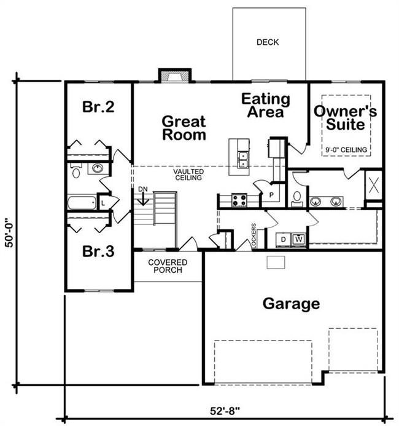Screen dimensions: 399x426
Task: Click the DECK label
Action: point(268,42)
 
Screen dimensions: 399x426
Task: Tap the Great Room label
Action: point(184,128)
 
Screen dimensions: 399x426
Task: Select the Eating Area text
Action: point(266,105)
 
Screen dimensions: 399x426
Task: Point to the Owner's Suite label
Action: point(346,117)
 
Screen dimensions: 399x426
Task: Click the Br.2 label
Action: point(98,106)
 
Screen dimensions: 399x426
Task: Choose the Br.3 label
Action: point(98,251)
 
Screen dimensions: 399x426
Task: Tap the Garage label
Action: point(291,304)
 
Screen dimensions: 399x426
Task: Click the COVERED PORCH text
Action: point(168,266)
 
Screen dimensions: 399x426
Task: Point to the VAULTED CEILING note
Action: point(188,175)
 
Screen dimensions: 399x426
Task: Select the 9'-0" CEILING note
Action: point(346,150)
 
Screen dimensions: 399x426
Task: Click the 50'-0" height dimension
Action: point(9,233)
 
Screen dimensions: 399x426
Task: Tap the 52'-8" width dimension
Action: point(225,411)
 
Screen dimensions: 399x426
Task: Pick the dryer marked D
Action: point(284,239)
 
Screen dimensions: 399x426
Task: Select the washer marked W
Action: point(299,239)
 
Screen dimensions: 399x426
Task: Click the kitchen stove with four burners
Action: point(239,200)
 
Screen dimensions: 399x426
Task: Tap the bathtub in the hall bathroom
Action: point(82,202)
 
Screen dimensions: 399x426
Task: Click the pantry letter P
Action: point(271,195)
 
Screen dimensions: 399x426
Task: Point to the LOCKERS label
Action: point(254,235)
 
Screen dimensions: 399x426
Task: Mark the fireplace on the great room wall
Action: point(175,76)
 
